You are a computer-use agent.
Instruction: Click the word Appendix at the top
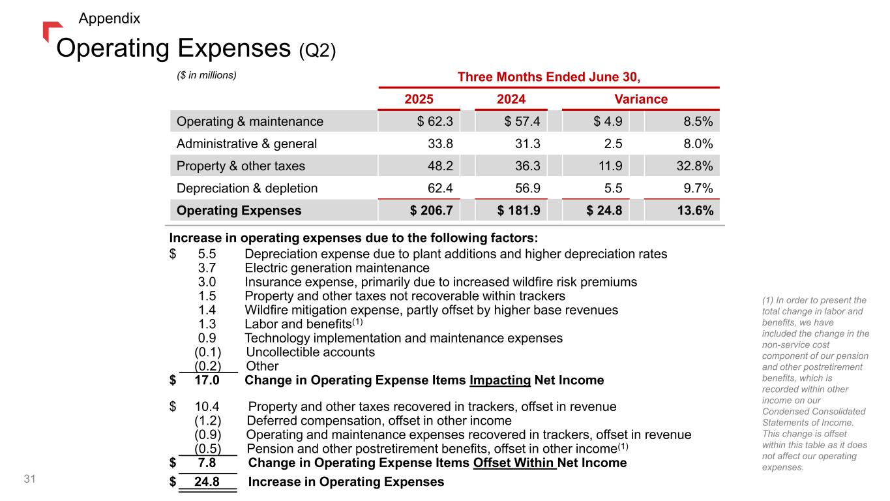[109, 18]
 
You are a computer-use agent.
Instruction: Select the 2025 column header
[419, 99]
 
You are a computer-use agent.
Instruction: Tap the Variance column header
[641, 99]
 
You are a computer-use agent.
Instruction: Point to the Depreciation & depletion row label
[247, 189]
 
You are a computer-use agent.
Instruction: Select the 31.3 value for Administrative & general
[525, 144]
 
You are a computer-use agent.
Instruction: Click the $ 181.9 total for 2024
[520, 211]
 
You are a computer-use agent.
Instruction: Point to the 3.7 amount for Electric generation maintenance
[207, 268]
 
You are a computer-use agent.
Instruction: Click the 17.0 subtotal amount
[207, 380]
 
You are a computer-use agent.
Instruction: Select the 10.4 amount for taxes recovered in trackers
[207, 407]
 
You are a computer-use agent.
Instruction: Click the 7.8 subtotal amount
[207, 463]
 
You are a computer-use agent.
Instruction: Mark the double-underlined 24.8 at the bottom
[206, 483]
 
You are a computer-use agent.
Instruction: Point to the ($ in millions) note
[206, 75]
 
